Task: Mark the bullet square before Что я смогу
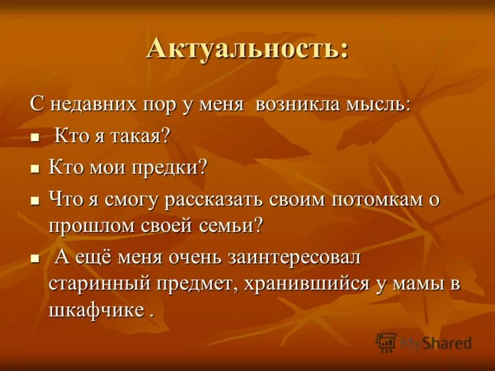pos(35,202)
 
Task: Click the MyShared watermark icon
pos(386,342)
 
